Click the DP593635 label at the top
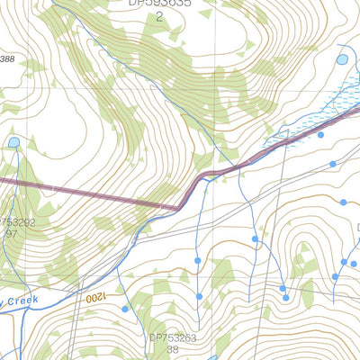(x=159, y=4)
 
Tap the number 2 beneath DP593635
(x=159, y=16)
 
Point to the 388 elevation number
(x=7, y=59)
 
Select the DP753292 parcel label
(x=17, y=222)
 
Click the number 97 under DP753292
(x=12, y=234)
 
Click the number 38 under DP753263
(x=173, y=350)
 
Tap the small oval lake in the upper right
(x=342, y=59)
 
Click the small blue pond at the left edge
(x=13, y=142)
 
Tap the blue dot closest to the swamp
(x=320, y=135)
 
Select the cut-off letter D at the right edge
(x=356, y=228)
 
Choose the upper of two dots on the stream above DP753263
(x=198, y=260)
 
